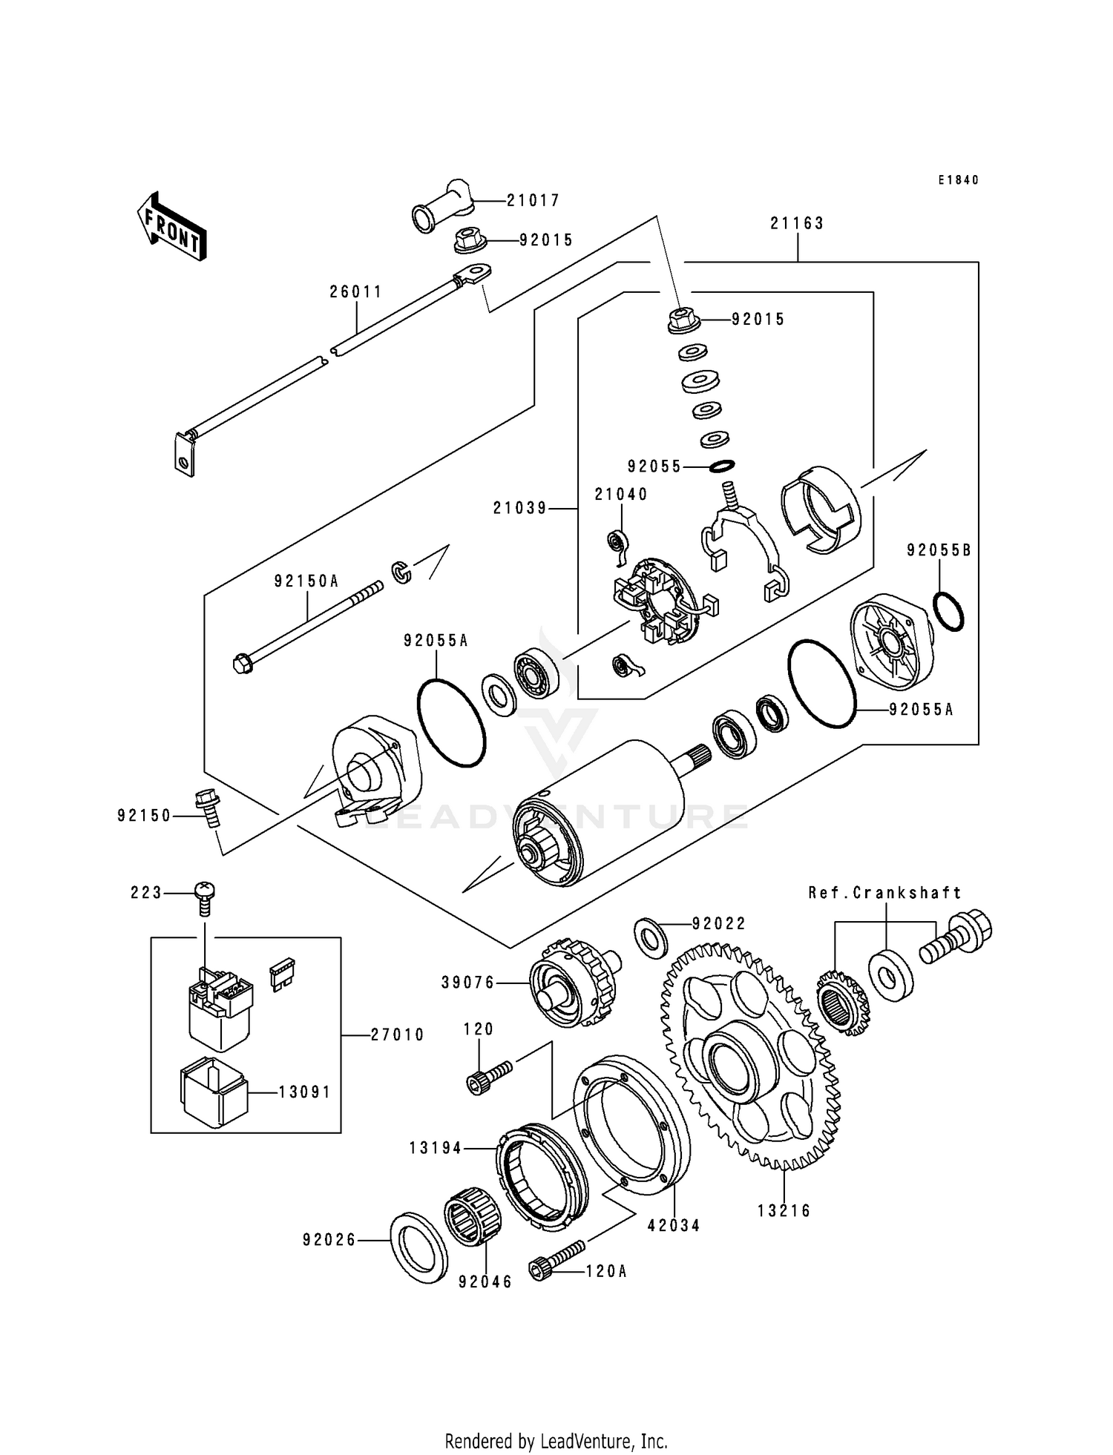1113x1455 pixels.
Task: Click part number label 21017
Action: [533, 200]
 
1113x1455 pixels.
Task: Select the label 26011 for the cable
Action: [356, 292]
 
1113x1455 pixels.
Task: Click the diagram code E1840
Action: [958, 180]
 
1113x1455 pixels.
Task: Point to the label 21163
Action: [797, 223]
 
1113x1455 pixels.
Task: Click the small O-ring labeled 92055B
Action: [948, 614]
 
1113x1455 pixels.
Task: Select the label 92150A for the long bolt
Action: [306, 581]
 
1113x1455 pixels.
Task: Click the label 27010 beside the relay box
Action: [397, 1035]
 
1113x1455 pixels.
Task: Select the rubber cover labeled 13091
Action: [212, 1092]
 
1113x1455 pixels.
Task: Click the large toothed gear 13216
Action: [749, 1057]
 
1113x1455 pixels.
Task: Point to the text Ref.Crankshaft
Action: [884, 893]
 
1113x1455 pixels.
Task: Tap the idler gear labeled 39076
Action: [573, 983]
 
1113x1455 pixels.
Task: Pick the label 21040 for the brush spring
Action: [620, 495]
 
